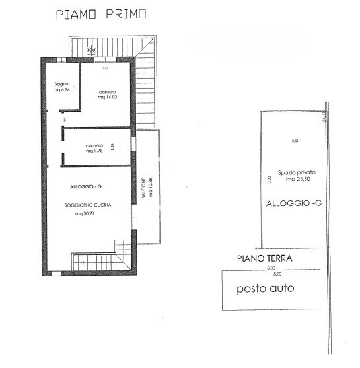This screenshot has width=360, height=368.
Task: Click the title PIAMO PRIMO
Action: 101,14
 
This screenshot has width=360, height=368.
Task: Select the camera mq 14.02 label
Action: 108,94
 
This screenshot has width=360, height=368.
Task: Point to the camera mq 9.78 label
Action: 94,148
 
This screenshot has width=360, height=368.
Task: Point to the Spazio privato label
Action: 291,172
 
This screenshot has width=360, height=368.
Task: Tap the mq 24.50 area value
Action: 291,179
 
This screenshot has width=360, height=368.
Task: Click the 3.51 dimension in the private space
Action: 295,141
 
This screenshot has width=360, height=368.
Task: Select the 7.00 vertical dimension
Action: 269,179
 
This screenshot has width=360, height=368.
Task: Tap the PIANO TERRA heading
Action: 265,258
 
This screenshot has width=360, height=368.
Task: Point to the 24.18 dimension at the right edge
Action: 324,116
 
